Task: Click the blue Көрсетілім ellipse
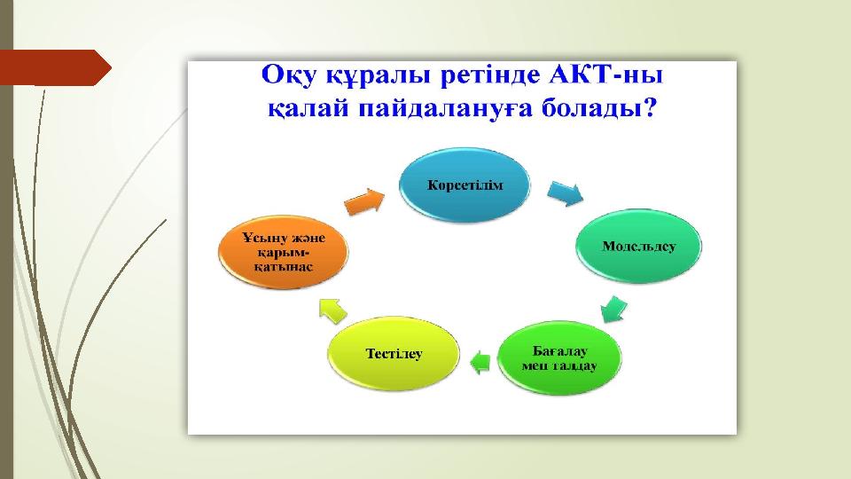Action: [x=465, y=185]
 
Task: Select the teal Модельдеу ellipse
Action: [x=638, y=246]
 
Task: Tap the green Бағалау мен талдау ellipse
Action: [x=559, y=357]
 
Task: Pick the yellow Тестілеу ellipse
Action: [x=394, y=354]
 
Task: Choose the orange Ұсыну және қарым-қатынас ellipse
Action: [x=283, y=252]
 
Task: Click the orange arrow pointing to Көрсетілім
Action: [x=364, y=201]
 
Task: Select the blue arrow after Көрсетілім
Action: [x=566, y=193]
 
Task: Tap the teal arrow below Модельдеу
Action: [x=613, y=309]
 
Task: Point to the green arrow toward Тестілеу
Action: [x=480, y=362]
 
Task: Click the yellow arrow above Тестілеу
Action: [x=332, y=311]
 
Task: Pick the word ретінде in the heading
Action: [x=490, y=75]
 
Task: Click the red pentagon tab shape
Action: [x=55, y=68]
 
